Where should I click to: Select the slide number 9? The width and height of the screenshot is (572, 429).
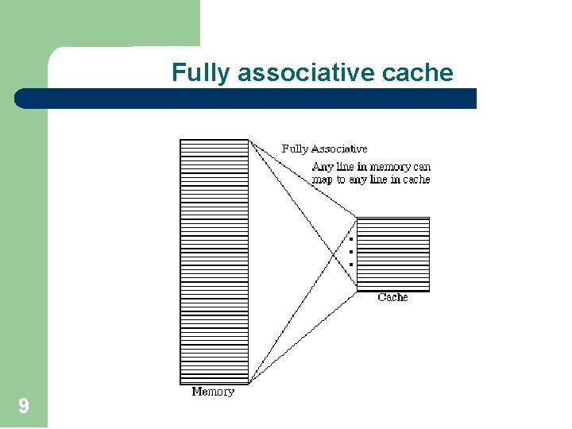tap(24, 408)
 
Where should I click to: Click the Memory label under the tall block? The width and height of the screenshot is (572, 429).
tap(213, 392)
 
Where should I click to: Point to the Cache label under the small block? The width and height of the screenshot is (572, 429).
tap(392, 297)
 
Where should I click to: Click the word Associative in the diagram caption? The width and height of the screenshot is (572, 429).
tap(339, 149)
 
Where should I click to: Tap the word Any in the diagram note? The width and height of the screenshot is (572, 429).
tap(323, 167)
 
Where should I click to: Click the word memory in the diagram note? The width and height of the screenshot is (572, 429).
tap(391, 167)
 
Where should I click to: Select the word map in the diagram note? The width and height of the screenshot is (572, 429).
tap(322, 180)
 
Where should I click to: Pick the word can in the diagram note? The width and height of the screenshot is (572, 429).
tap(422, 167)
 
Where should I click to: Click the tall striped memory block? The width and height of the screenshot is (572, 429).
tap(214, 262)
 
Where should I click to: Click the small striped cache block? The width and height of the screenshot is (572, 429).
tap(392, 253)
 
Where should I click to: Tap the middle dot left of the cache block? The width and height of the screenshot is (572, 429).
tap(350, 251)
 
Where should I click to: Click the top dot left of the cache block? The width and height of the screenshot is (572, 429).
tap(350, 238)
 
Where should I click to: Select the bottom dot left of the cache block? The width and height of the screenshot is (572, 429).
tap(350, 264)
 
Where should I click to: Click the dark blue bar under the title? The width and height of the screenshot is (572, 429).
tap(246, 99)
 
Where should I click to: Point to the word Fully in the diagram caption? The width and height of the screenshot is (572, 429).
tap(296, 149)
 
